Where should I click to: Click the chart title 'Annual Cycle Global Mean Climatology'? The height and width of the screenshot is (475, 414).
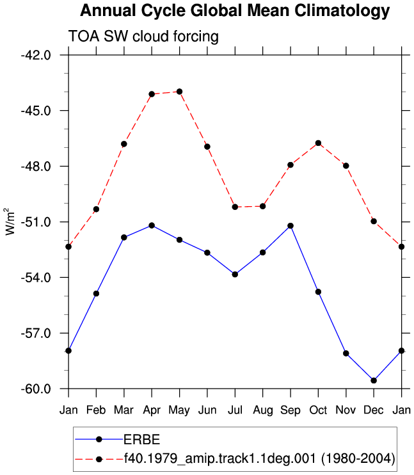coord(235,11)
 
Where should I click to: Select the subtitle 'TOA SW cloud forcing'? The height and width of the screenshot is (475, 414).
coord(143,36)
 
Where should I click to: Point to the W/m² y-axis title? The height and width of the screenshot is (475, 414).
coord(10,221)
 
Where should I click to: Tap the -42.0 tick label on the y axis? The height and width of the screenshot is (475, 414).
coord(36,55)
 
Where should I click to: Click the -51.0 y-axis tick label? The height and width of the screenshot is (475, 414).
coord(36,222)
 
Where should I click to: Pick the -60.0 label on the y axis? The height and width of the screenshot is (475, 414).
coord(36,389)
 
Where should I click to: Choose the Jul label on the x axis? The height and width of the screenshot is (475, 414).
coord(235,410)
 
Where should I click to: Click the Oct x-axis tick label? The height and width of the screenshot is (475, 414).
coord(318,410)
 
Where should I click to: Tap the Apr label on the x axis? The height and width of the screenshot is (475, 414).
coord(152,410)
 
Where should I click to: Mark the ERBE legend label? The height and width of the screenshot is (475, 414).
coord(142,440)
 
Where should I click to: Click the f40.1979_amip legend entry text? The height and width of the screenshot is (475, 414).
coord(260,458)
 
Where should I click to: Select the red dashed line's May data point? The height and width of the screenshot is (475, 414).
coord(180,92)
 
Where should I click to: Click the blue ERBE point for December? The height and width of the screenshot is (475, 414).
coord(374,380)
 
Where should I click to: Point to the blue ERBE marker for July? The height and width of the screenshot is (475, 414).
coord(235,275)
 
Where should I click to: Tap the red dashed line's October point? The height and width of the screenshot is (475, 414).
coord(318,143)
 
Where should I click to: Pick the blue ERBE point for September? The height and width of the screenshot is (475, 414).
coord(291,226)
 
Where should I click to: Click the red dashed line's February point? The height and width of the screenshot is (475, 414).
coord(97,209)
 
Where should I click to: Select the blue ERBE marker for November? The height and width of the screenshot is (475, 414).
coord(346,353)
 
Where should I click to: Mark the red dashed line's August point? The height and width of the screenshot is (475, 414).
coord(262,206)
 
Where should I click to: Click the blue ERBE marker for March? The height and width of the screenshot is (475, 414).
coord(124,237)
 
